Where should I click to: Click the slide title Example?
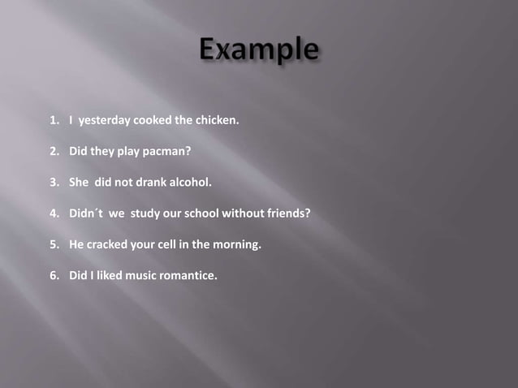258,51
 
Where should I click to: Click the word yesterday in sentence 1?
104,121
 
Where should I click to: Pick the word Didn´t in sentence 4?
86,213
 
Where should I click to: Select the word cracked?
108,244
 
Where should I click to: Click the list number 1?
54,121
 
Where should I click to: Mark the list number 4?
54,213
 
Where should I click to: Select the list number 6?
54,275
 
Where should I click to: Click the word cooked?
152,121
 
